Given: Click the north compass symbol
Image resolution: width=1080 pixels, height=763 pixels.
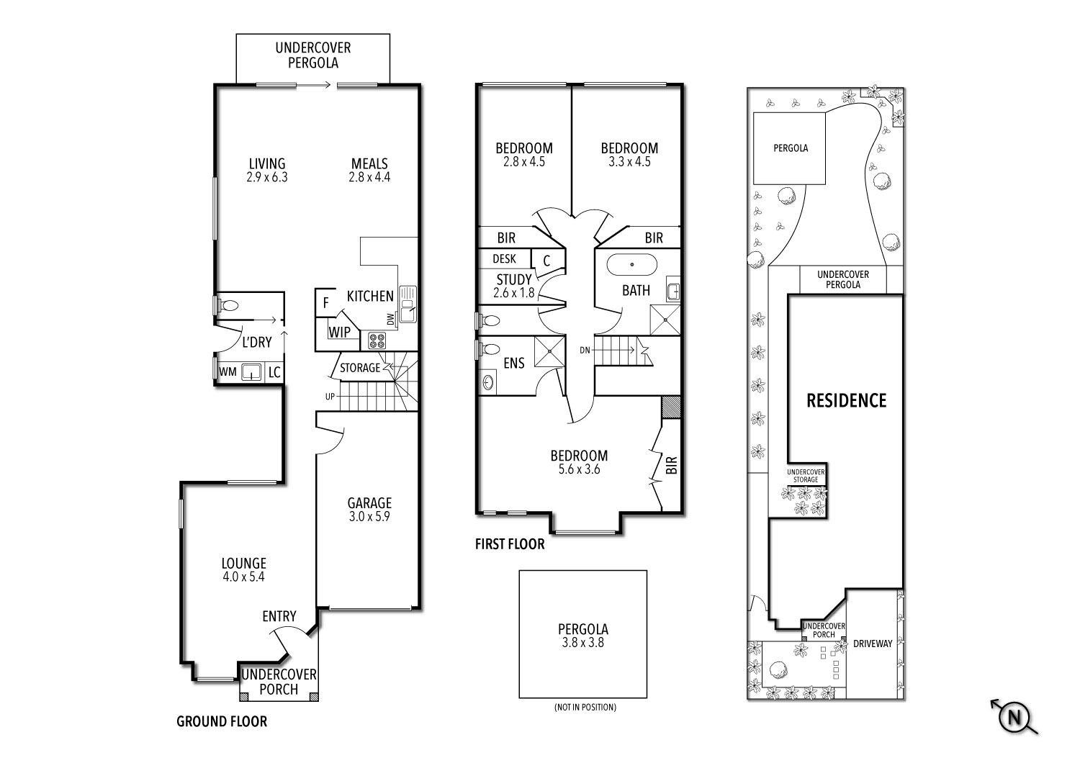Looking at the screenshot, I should point(1015,717).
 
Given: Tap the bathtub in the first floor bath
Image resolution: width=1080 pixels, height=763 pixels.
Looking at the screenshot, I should point(631,264).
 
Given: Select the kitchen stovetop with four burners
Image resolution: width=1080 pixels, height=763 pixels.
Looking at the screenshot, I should point(377,340).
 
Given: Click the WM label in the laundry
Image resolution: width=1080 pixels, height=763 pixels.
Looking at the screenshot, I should point(228,372).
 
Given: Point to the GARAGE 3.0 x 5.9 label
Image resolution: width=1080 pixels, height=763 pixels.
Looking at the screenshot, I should point(369,510).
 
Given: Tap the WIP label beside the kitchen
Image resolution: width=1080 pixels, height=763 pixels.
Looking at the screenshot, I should point(340,332).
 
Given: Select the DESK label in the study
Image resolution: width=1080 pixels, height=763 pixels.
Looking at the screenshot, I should point(504,258).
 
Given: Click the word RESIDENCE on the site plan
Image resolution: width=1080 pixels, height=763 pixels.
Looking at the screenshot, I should point(846,400).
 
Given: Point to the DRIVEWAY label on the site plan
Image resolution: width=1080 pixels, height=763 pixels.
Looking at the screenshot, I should point(872,644).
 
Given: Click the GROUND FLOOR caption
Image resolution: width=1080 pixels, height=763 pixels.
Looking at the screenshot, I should point(222,721).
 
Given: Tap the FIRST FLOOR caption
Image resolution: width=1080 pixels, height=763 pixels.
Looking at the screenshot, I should point(510,544).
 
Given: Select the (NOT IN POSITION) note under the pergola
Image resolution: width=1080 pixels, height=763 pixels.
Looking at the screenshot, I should point(585,708).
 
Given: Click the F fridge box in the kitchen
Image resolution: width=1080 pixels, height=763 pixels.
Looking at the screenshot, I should point(325,303).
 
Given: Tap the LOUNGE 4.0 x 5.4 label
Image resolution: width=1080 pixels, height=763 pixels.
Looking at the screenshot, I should point(243,569).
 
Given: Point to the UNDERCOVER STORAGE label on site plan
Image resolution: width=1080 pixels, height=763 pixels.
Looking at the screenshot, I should point(806,476).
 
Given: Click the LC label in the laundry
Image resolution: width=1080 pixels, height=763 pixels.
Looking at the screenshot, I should point(274,372).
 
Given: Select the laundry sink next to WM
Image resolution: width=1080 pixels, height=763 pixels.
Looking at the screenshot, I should point(251,371).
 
